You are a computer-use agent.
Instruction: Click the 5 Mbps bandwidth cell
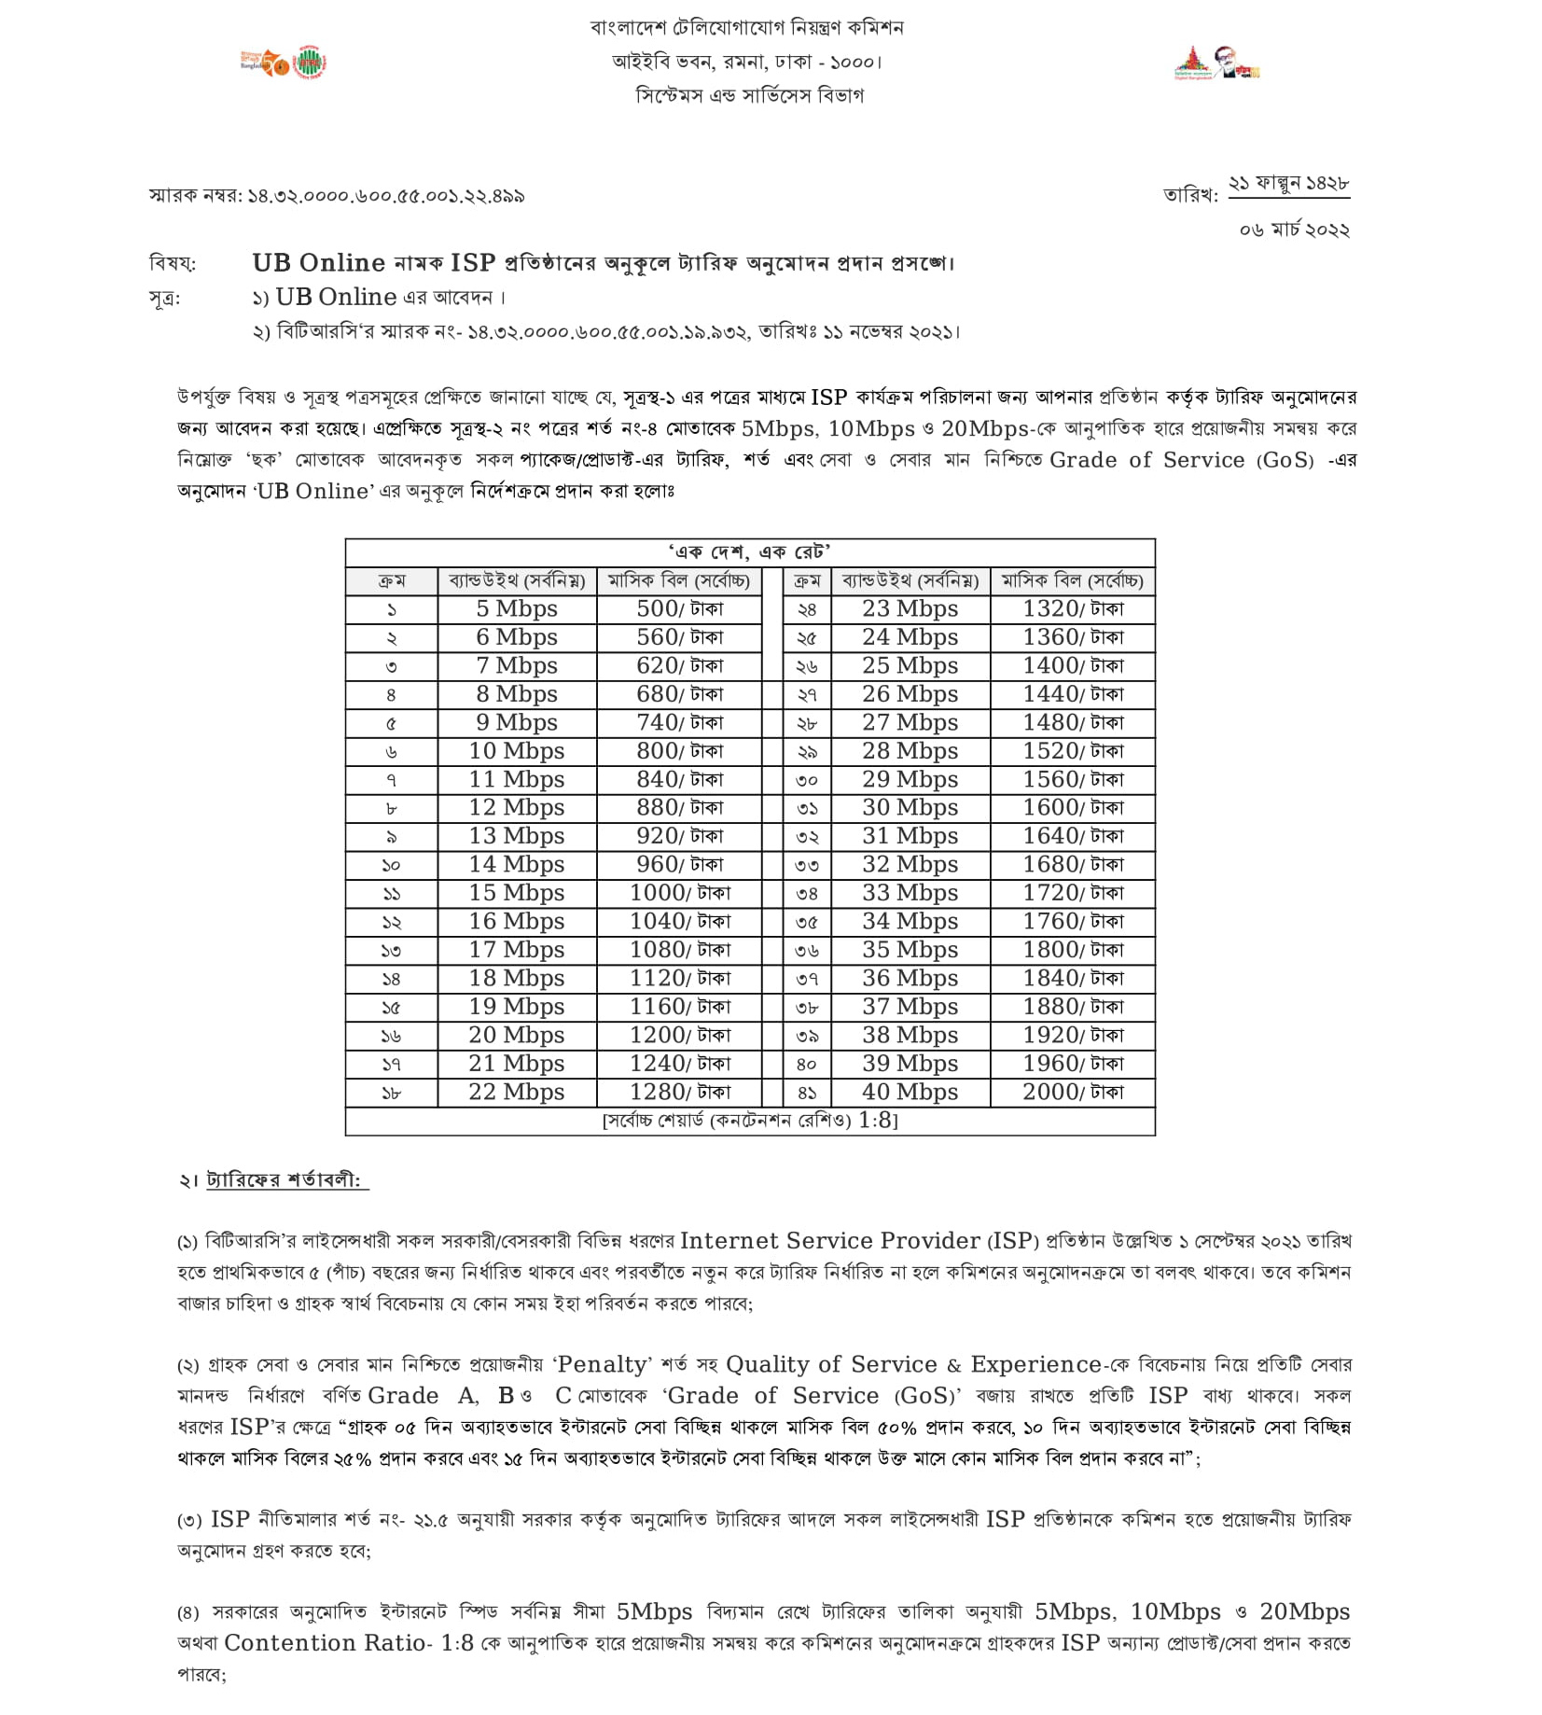pos(516,609)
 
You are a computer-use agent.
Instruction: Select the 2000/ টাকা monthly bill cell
pos(1073,1092)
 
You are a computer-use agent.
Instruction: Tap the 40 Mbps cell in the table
pos(910,1092)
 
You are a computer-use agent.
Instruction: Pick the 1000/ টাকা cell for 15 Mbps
pos(679,893)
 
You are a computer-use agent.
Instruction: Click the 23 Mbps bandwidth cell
pos(910,609)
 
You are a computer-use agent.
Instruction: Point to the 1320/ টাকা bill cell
pos(1073,609)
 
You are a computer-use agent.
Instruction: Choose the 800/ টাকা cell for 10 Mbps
pos(679,751)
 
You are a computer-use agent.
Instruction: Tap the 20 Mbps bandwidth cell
pos(516,1035)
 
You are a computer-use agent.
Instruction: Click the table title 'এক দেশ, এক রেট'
pos(750,551)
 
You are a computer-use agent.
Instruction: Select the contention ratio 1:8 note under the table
pos(750,1120)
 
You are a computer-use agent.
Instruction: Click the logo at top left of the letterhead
pos(284,63)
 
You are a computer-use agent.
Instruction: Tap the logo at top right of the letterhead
pos(1216,63)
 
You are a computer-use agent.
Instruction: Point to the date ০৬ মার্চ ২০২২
pos(1294,230)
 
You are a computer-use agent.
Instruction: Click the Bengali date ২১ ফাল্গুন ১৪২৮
pos(1288,184)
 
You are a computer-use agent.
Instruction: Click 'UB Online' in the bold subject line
pos(318,263)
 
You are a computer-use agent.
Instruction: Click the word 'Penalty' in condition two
pos(603,1364)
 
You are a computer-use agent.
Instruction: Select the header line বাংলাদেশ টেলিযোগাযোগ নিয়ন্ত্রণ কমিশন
pos(747,28)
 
